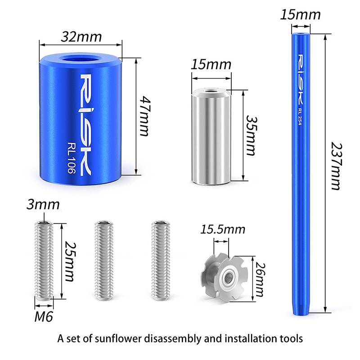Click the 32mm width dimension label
coord(81,37)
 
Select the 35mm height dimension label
coord(252,135)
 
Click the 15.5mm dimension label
coord(223,229)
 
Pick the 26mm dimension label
coord(260,279)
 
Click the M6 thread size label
coord(44,317)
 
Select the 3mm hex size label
coord(43,204)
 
